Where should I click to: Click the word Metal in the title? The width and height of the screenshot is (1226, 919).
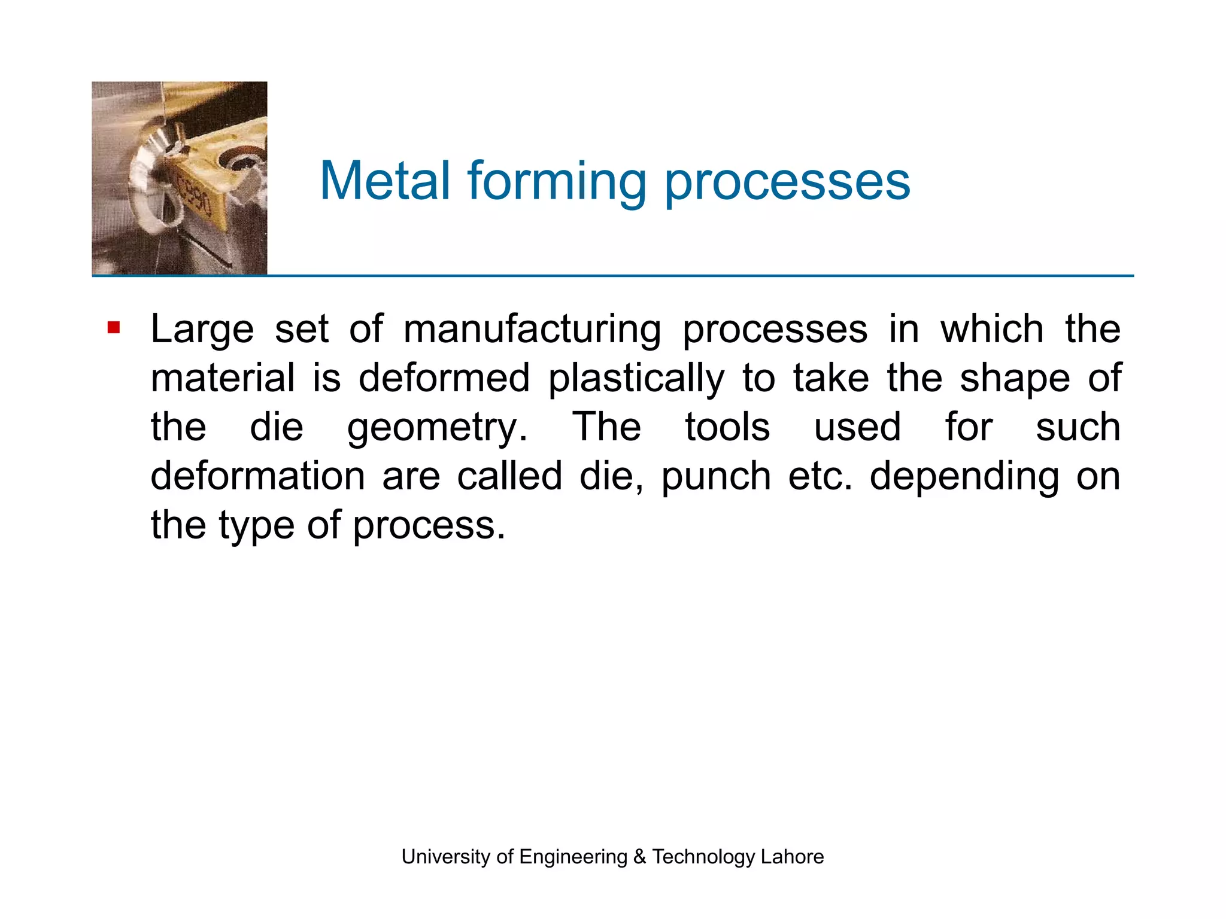[x=385, y=181]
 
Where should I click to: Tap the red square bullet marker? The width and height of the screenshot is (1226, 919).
[x=114, y=328]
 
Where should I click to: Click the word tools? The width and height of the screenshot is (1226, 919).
[x=727, y=427]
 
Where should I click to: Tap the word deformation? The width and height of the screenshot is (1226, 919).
[x=257, y=476]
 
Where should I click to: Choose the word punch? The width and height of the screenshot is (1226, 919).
[x=716, y=477]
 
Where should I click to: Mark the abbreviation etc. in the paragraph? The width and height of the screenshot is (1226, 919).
[x=820, y=476]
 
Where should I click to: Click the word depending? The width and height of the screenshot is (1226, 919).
[x=964, y=477]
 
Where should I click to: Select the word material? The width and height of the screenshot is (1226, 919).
[x=223, y=378]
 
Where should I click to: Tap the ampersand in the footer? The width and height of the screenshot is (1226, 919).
[x=639, y=857]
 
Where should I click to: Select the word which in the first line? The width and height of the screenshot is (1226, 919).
[x=992, y=329]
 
